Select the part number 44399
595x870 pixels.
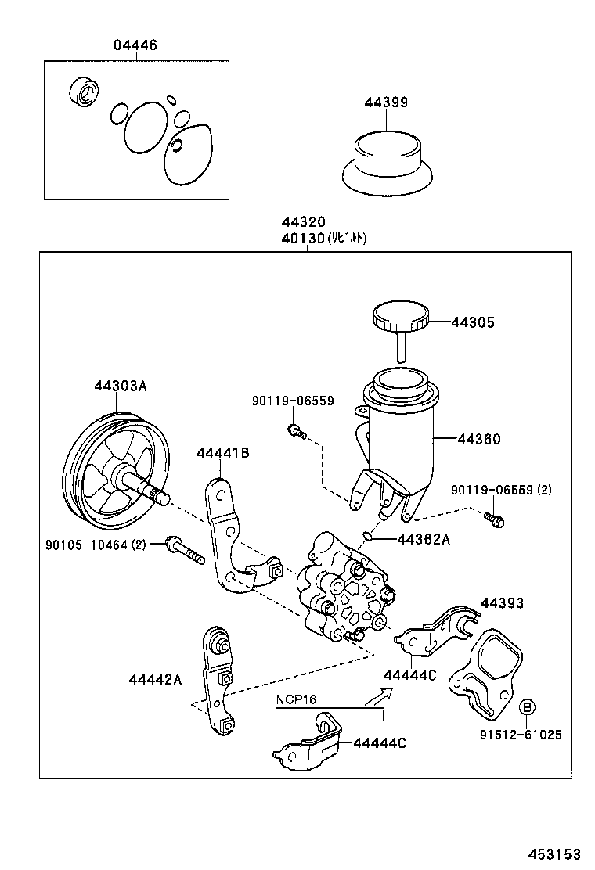385,102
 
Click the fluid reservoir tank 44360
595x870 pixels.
398,438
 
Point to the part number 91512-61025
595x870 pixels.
521,735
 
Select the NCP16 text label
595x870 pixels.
294,699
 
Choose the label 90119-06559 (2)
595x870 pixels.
501,490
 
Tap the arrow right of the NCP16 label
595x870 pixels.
379,696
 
